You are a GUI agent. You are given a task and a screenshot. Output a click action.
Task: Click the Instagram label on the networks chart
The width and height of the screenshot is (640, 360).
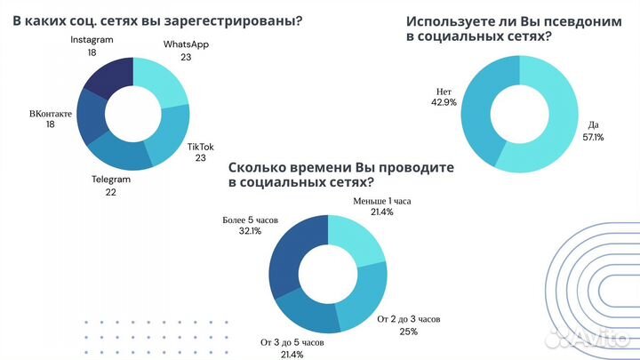pyautogui.click(x=92, y=41)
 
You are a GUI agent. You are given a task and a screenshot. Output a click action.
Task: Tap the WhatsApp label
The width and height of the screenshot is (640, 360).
pyautogui.click(x=186, y=44)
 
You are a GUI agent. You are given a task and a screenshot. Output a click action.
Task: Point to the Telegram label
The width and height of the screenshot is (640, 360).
pyautogui.click(x=111, y=179)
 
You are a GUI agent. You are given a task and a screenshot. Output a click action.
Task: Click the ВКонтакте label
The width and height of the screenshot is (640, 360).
pyautogui.click(x=51, y=114)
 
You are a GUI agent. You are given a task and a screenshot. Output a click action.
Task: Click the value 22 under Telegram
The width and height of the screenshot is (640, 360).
pyautogui.click(x=111, y=191)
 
